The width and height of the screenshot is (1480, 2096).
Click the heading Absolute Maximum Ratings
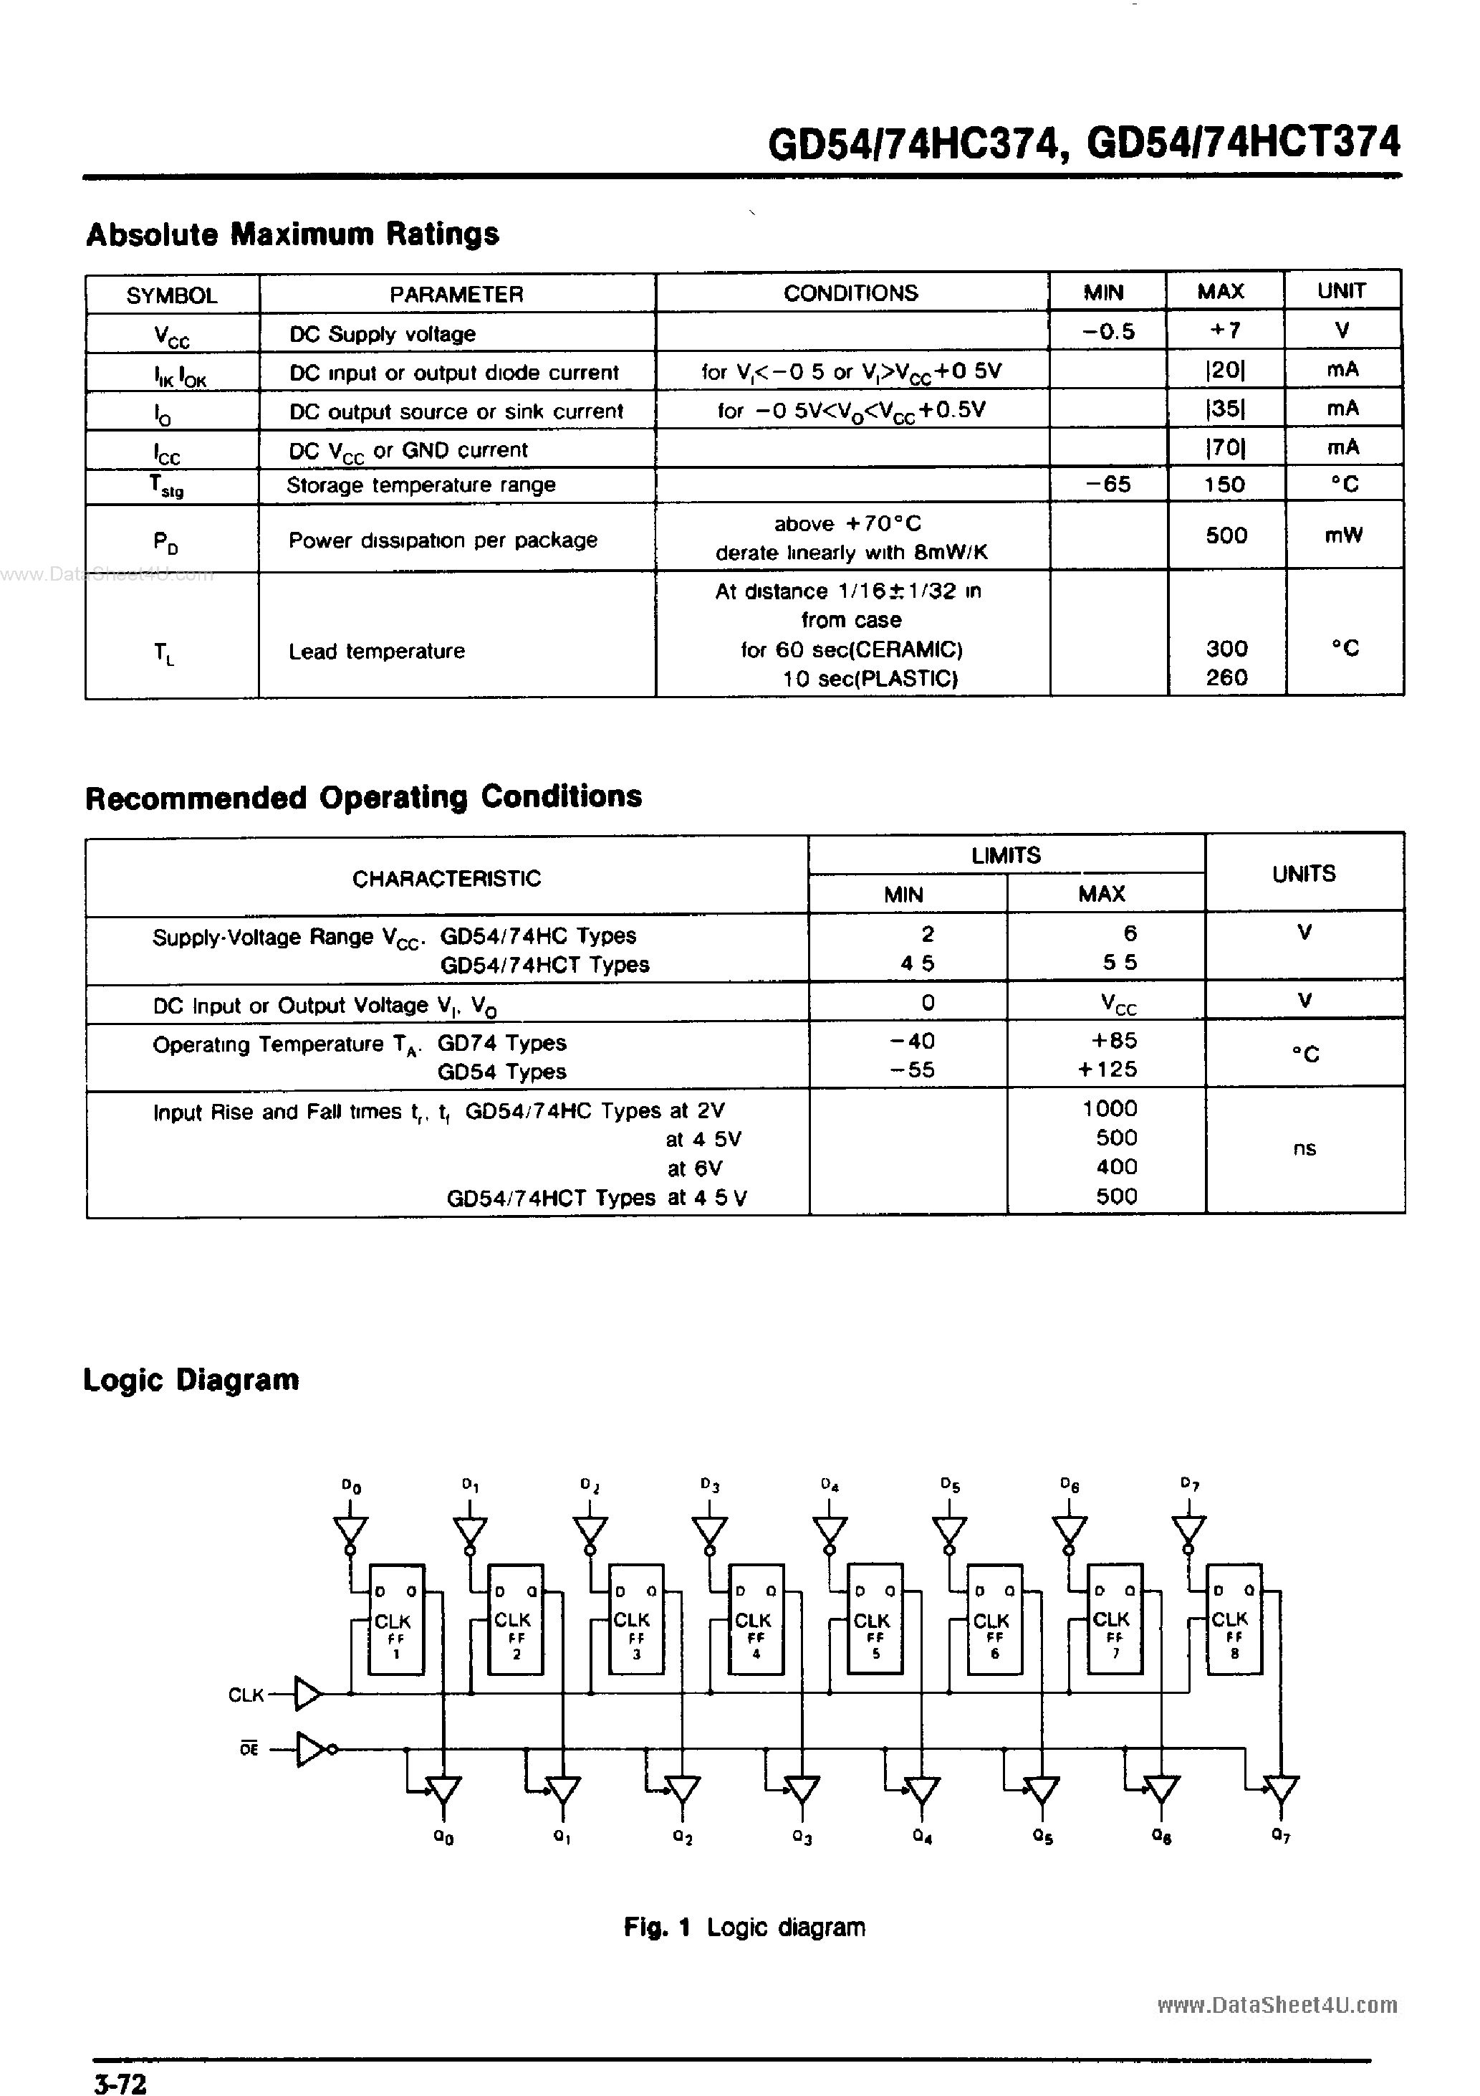[x=292, y=234]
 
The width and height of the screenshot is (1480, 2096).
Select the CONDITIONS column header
[x=850, y=293]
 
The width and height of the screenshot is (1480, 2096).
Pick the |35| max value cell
[x=1224, y=409]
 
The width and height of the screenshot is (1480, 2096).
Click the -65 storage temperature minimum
[x=1109, y=484]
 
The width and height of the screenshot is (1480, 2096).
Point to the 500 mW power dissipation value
[x=1226, y=536]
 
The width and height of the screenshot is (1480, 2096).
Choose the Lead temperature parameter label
[x=376, y=651]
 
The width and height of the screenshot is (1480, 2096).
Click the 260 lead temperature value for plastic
[x=1226, y=677]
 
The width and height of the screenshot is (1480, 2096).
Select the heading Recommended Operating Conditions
[x=363, y=797]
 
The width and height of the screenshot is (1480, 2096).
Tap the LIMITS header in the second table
[x=1006, y=855]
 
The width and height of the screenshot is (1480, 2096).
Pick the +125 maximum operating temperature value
[x=1107, y=1069]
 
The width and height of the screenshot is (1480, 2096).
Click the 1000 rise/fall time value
[x=1110, y=1108]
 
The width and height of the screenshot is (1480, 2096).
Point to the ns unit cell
[x=1304, y=1149]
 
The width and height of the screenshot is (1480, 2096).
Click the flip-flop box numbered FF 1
[x=396, y=1619]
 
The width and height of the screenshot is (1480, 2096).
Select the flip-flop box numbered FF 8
[x=1234, y=1619]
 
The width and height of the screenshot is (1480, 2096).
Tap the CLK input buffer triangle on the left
[x=307, y=1695]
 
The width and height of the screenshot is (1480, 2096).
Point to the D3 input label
[x=710, y=1485]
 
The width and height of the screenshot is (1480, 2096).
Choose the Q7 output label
[x=1280, y=1836]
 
